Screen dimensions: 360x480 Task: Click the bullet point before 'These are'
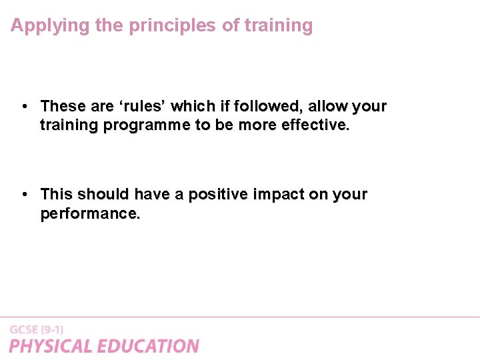tap(23, 106)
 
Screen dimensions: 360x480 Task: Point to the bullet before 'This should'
tap(23, 194)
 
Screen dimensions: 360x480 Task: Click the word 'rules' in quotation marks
tap(142, 106)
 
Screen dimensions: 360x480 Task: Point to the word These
tap(63, 106)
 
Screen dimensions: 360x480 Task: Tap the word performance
tap(90, 213)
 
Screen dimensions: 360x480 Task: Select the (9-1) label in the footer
tap(53, 329)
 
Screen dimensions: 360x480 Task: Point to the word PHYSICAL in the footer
tap(51, 346)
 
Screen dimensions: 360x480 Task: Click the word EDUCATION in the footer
tap(148, 346)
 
